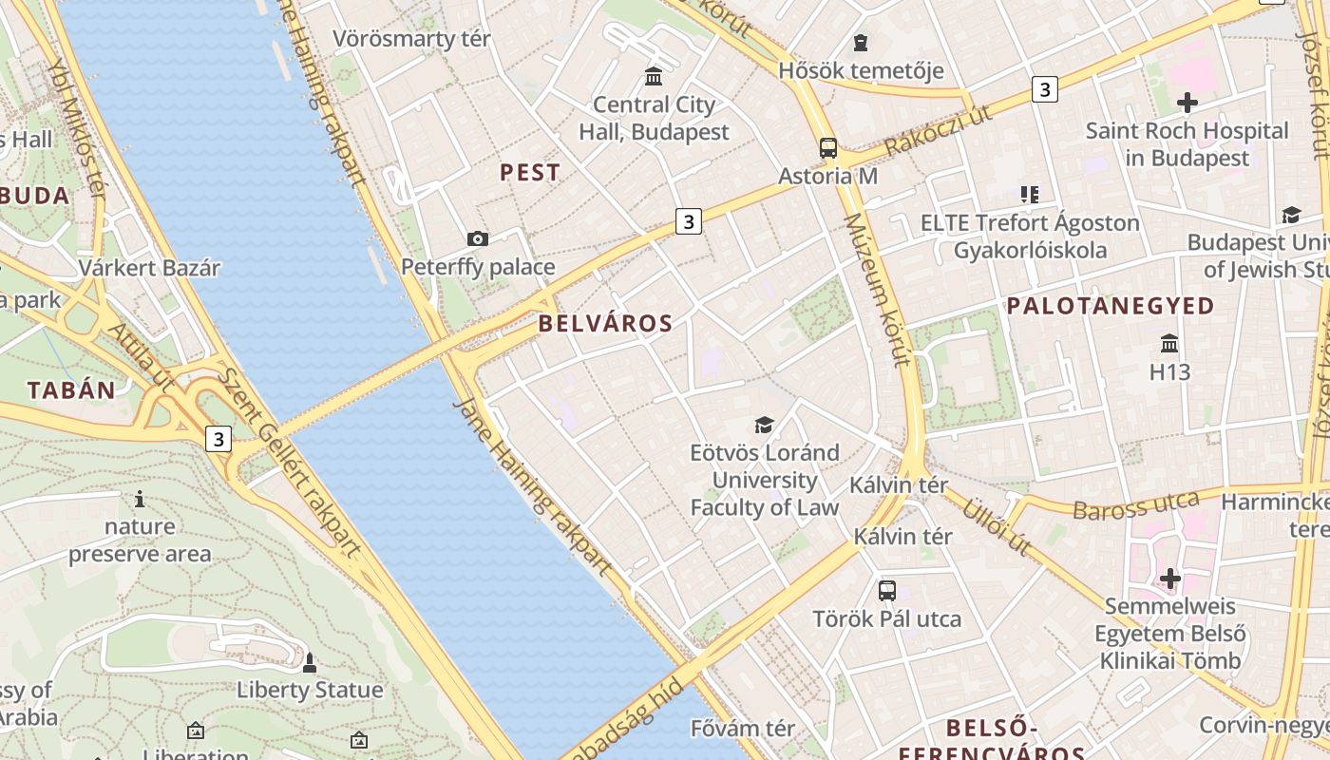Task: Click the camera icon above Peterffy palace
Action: pos(478,238)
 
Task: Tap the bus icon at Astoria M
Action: pos(828,148)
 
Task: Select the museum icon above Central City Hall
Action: pos(654,76)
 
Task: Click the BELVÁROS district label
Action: pos(605,323)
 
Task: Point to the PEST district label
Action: pos(530,173)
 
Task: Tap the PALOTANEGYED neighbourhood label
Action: pos(1111,306)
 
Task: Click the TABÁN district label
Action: pos(71,389)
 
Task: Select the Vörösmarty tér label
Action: pos(411,39)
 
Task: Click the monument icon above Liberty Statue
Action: pos(309,661)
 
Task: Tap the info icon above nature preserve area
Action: pos(140,499)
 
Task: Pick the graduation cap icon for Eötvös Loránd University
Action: pos(764,425)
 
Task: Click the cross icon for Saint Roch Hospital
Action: pos(1187,103)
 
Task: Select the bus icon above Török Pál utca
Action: pos(886,591)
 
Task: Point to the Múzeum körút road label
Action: pos(878,290)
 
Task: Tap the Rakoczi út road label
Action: pos(937,131)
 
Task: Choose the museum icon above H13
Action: pos(1169,343)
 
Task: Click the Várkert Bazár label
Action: pos(149,268)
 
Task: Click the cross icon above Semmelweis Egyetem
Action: pos(1169,578)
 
